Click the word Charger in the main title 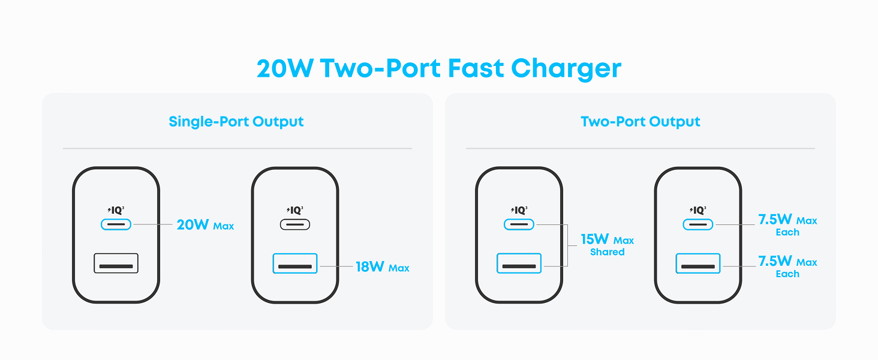[566, 69]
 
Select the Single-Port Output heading [236, 122]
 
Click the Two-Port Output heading [640, 122]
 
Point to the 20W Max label [205, 225]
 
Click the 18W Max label [382, 266]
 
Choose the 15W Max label [607, 240]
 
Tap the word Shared [607, 252]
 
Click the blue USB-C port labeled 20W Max [116, 225]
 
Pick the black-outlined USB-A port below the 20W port [116, 263]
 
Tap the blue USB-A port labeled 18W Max [294, 263]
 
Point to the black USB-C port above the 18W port [294, 225]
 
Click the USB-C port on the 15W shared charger [519, 225]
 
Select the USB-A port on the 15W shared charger [519, 263]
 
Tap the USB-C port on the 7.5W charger [697, 225]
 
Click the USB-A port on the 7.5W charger [697, 263]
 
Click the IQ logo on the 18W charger [295, 210]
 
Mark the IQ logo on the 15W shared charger [519, 210]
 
